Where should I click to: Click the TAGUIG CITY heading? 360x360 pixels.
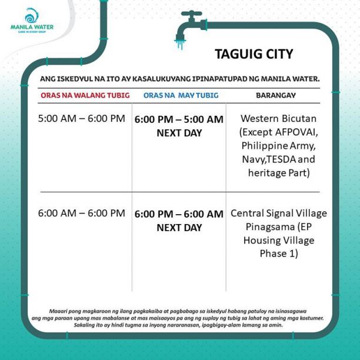pos(254,55)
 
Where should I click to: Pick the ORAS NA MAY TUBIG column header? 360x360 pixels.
pos(181,95)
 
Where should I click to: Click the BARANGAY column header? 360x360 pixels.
pos(275,95)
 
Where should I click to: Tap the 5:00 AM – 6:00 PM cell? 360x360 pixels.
pos(82,119)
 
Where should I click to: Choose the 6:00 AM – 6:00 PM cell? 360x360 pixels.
pos(82,213)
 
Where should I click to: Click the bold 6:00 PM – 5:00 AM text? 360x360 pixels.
pos(179,119)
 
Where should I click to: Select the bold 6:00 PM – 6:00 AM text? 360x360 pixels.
pos(179,214)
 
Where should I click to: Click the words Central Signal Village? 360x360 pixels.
pos(278,213)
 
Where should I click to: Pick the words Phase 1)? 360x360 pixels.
pos(278,254)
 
